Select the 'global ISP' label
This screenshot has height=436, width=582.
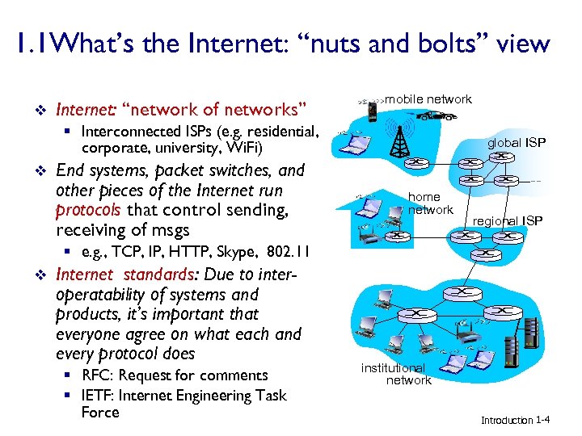517,143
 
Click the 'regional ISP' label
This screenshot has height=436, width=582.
508,221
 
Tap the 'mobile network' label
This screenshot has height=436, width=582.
428,99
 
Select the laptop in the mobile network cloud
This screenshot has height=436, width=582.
352,143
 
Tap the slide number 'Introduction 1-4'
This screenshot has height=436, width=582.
516,420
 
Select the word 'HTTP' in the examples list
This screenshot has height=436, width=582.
174,251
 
